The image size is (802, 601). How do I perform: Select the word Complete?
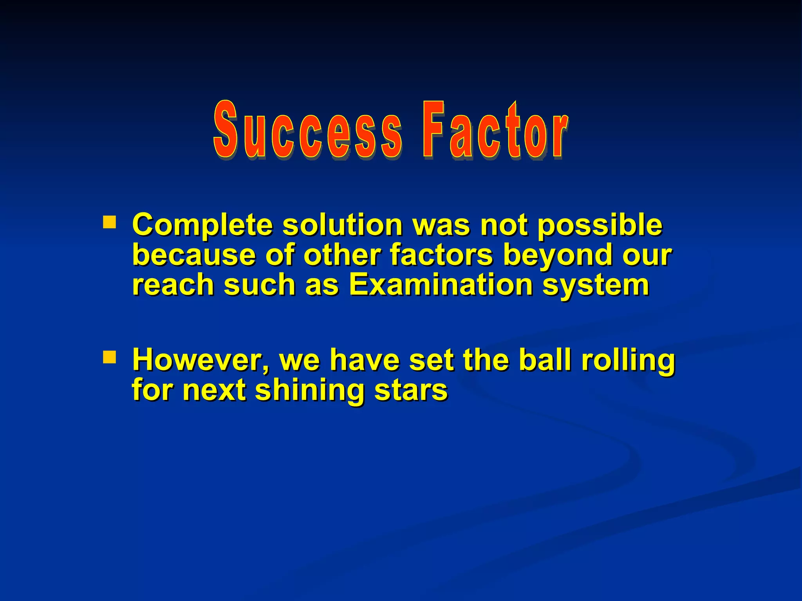202,226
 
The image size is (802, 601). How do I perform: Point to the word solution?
343,226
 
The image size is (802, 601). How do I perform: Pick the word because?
194,255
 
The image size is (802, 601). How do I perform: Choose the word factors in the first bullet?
441,255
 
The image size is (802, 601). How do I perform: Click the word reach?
172,284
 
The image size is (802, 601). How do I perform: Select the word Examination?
441,284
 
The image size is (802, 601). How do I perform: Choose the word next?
214,390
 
